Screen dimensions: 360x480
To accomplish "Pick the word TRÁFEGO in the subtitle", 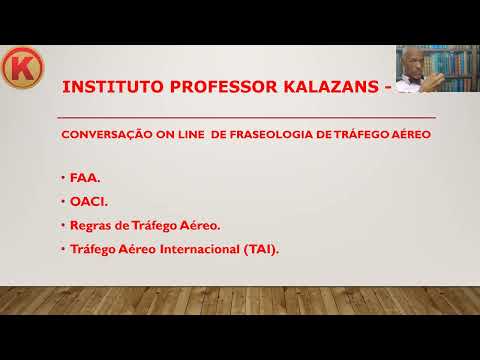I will coord(356,133).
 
